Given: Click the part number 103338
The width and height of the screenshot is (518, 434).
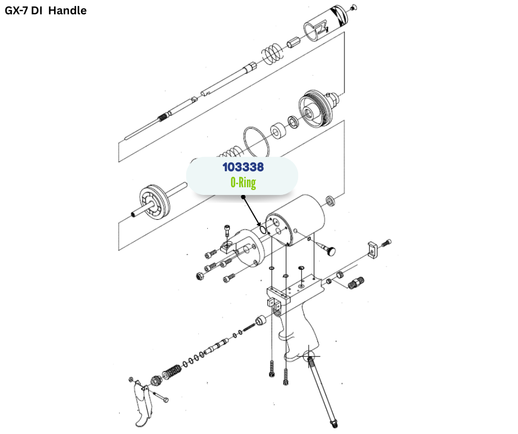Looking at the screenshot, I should click(x=243, y=166).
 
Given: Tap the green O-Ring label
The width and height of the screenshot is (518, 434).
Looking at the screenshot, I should click(x=243, y=183).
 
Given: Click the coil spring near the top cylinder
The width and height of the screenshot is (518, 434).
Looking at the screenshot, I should click(x=271, y=53).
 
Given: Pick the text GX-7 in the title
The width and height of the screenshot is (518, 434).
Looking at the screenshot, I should click(x=19, y=10).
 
